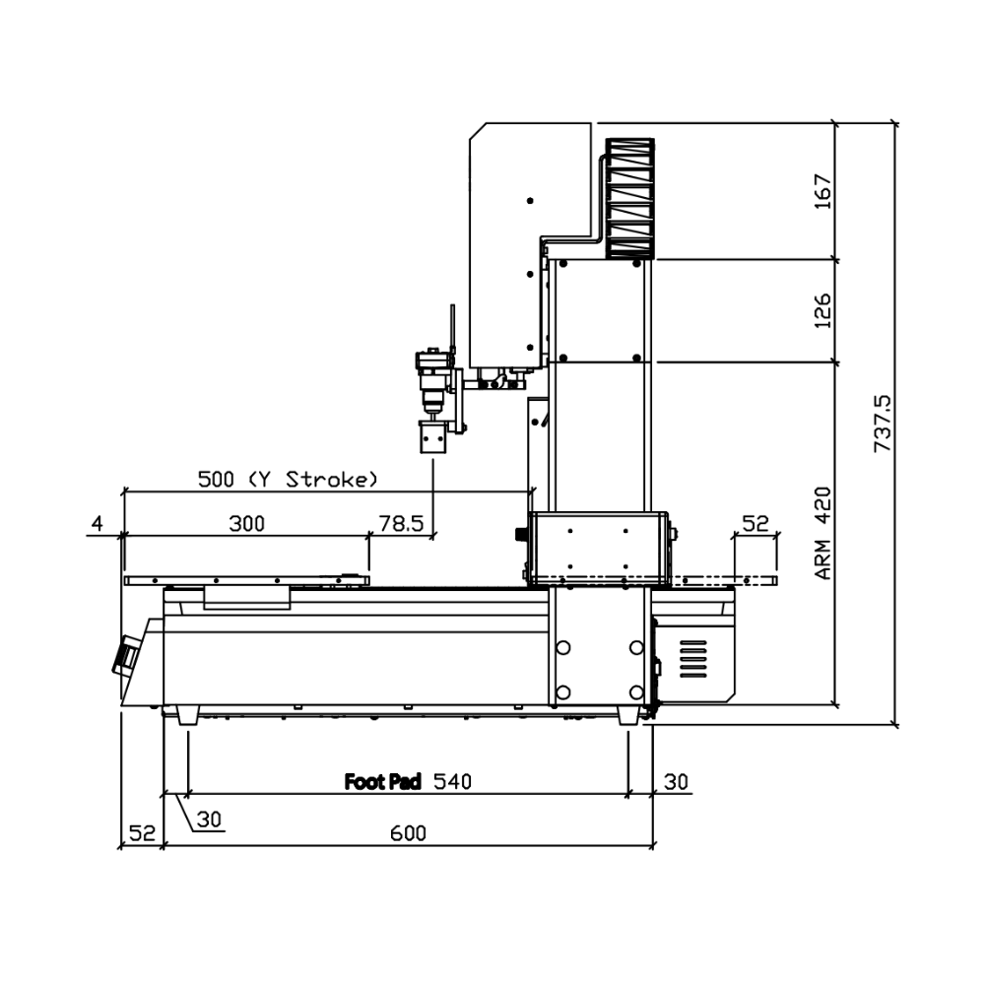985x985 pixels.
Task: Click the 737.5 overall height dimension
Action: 883,424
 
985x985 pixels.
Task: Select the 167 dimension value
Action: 822,192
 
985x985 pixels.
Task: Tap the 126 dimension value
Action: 822,310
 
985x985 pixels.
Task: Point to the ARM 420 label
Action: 822,533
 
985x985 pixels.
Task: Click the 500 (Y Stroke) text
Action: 289,480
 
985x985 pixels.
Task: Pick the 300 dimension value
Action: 247,523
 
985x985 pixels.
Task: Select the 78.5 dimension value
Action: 402,523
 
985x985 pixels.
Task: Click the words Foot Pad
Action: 382,781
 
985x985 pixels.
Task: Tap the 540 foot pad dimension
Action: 452,781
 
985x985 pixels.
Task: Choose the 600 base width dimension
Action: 409,833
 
